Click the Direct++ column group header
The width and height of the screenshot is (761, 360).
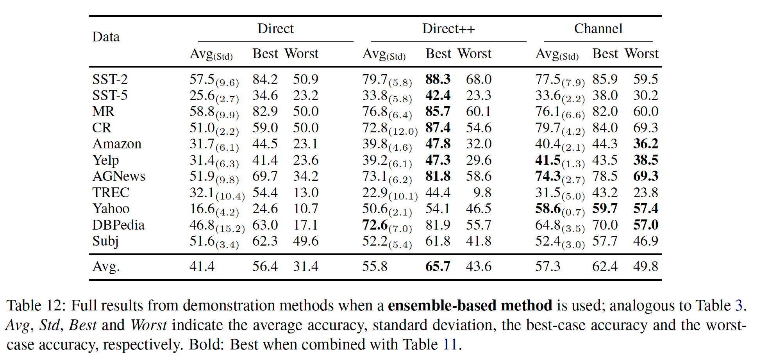coord(448,29)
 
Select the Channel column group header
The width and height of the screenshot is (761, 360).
coord(598,29)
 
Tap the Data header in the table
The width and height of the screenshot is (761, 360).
coord(106,37)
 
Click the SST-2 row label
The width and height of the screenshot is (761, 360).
coord(110,79)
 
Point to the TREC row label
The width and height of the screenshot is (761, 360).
coord(111,192)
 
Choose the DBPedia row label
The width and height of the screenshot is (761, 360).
coord(118,225)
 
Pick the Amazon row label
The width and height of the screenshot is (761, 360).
coord(117,144)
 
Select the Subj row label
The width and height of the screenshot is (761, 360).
coord(105,241)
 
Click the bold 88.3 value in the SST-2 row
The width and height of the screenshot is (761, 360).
coord(438,79)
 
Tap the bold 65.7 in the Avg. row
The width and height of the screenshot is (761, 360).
coord(438,266)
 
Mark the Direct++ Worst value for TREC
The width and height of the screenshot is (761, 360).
coord(482,192)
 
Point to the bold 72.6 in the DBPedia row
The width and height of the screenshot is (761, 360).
coord(375,225)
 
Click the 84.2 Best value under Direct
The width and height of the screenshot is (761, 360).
coord(265,79)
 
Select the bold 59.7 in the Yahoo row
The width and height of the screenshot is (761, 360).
coord(605,209)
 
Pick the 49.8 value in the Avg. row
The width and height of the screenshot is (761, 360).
coord(645,266)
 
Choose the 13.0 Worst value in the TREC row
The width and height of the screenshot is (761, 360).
coord(306,192)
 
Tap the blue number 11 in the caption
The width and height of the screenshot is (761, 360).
coord(449,344)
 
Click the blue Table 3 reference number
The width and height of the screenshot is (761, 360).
coord(738,305)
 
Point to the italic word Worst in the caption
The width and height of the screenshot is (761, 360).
coord(148,325)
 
